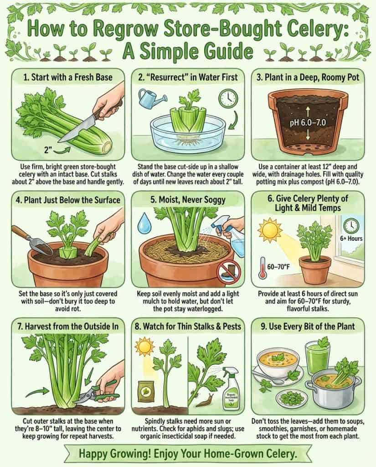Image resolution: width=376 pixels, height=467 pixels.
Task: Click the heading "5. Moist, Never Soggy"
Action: [188, 199]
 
